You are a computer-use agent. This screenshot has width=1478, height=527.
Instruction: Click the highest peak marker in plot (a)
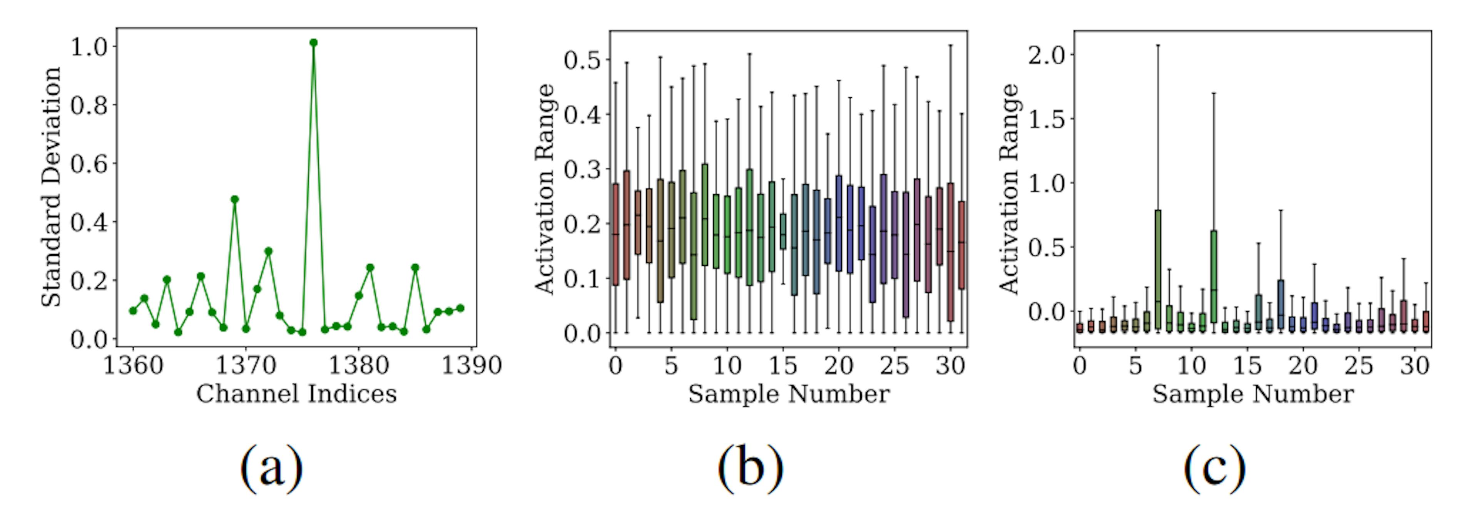[x=313, y=42]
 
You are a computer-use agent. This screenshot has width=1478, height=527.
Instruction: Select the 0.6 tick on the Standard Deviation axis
[x=89, y=164]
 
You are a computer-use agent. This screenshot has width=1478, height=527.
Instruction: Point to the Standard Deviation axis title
[x=51, y=186]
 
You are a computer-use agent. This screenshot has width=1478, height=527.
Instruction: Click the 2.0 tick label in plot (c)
[x=1047, y=56]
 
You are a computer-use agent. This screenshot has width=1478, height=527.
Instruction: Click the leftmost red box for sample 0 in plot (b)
[x=616, y=234]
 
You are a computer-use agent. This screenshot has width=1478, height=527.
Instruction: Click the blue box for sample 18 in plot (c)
[x=1281, y=304]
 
